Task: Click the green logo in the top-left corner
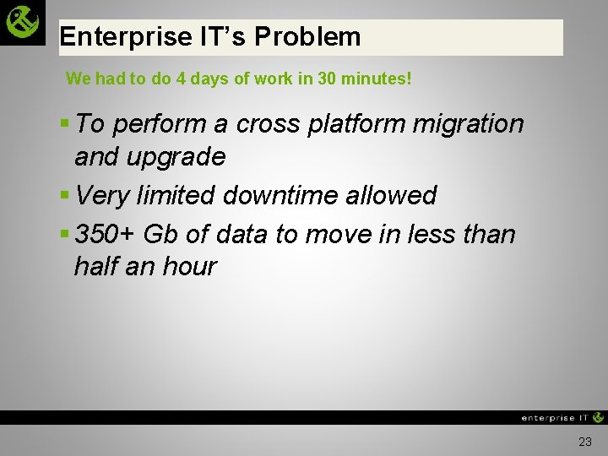(x=23, y=22)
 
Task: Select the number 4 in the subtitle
(x=181, y=79)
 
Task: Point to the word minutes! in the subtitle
(x=376, y=79)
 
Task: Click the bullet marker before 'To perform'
(x=65, y=123)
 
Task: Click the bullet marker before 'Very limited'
(x=65, y=195)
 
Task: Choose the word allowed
(x=395, y=195)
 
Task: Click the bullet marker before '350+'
(x=65, y=233)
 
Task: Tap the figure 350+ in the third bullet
(x=106, y=233)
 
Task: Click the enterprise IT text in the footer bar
(x=555, y=417)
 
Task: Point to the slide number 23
(x=585, y=442)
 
